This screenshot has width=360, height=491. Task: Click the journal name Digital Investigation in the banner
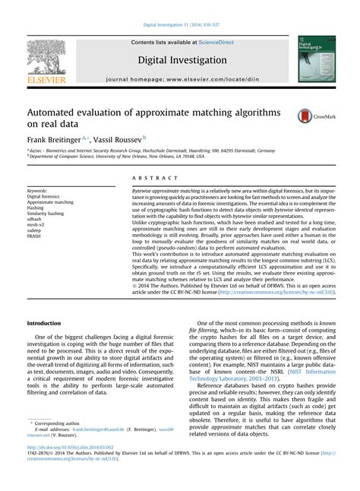point(182,59)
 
